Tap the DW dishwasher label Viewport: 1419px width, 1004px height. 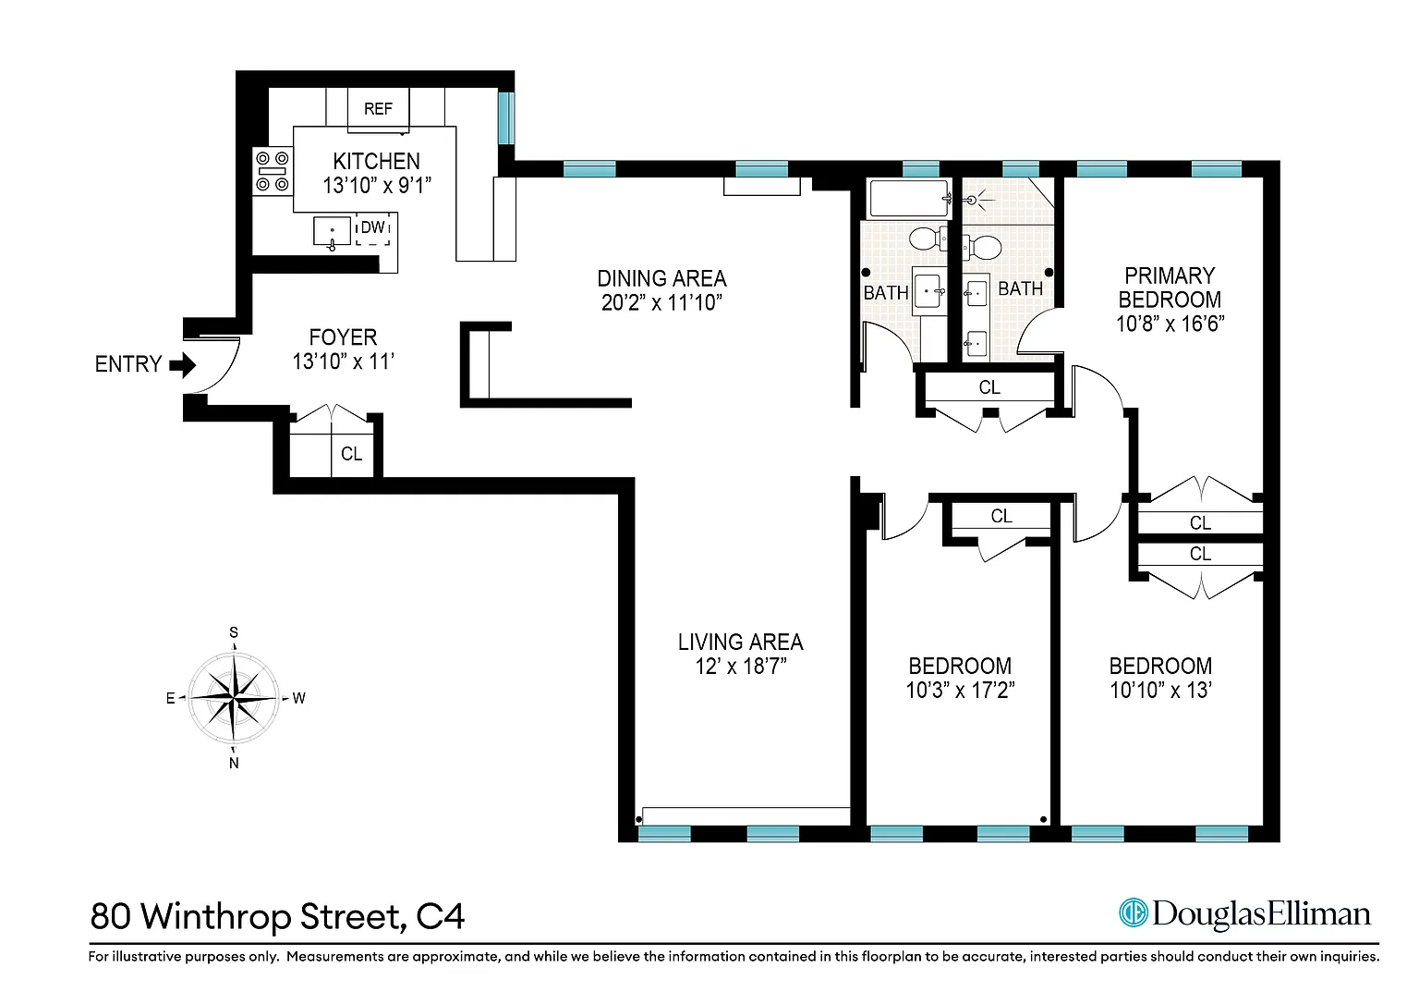coord(372,227)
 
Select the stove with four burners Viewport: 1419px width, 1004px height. coord(273,171)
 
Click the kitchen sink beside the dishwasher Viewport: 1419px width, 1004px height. coord(332,232)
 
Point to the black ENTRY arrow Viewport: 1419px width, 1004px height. coord(182,364)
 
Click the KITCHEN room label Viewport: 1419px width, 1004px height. coord(376,161)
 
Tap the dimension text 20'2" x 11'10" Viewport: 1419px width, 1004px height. coord(662,303)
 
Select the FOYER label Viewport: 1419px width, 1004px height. coord(343,337)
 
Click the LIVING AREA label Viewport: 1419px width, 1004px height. coord(741,643)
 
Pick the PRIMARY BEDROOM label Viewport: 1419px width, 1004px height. coord(1170,288)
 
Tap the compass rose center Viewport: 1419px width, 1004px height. coord(235,698)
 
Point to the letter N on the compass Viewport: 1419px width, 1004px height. coord(234,763)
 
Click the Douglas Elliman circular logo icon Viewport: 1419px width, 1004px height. coord(1134,912)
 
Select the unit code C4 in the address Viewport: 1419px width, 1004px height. coord(441,916)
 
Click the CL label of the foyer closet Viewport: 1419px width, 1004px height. coord(352,454)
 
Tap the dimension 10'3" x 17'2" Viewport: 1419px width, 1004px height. coord(961,690)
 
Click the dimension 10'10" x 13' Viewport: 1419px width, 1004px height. coord(1160,690)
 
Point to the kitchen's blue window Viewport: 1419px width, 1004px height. coord(505,118)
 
